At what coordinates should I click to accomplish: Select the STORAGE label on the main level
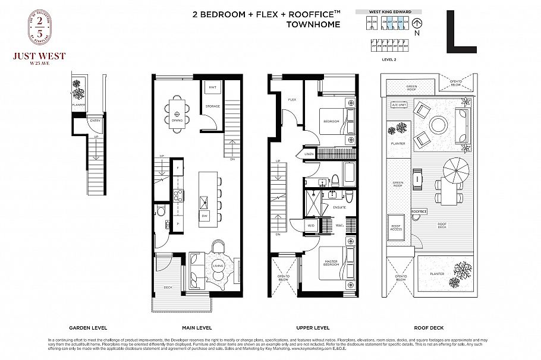click(x=212, y=106)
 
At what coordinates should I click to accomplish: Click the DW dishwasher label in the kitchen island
click(x=204, y=215)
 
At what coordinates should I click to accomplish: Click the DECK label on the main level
click(x=168, y=288)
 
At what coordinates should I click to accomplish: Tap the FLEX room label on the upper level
click(x=292, y=100)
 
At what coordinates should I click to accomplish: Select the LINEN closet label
click(x=309, y=154)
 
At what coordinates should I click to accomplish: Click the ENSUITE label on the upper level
click(x=339, y=207)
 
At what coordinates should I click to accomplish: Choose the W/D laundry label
click(x=310, y=226)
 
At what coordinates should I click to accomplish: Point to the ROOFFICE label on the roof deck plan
click(x=419, y=211)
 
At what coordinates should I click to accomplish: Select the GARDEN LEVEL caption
click(x=87, y=327)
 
